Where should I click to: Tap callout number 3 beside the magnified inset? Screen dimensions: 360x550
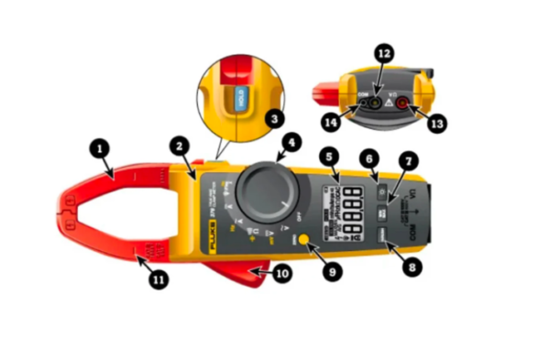[x=272, y=119]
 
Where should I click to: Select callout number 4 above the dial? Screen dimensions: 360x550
[x=291, y=142]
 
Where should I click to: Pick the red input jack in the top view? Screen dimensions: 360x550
[x=401, y=104]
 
